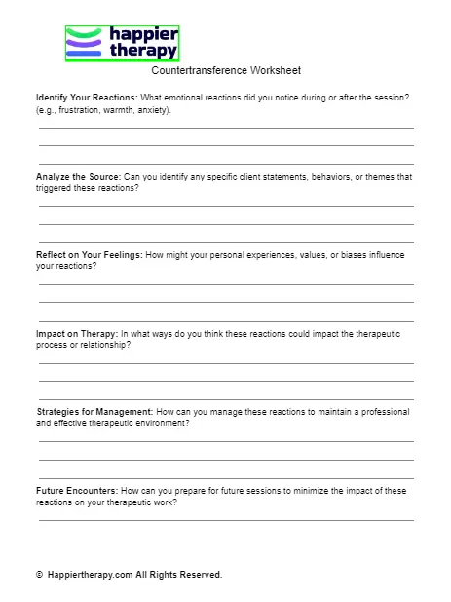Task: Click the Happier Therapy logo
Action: coord(122,44)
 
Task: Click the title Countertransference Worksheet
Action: coord(226,70)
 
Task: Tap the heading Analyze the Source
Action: coord(78,177)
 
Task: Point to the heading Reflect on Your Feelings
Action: coord(89,255)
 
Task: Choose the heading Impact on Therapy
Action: coord(76,334)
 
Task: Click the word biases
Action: coord(346,255)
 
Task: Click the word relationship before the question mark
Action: coord(104,345)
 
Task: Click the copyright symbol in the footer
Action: coord(40,575)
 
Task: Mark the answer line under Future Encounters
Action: coord(226,520)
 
